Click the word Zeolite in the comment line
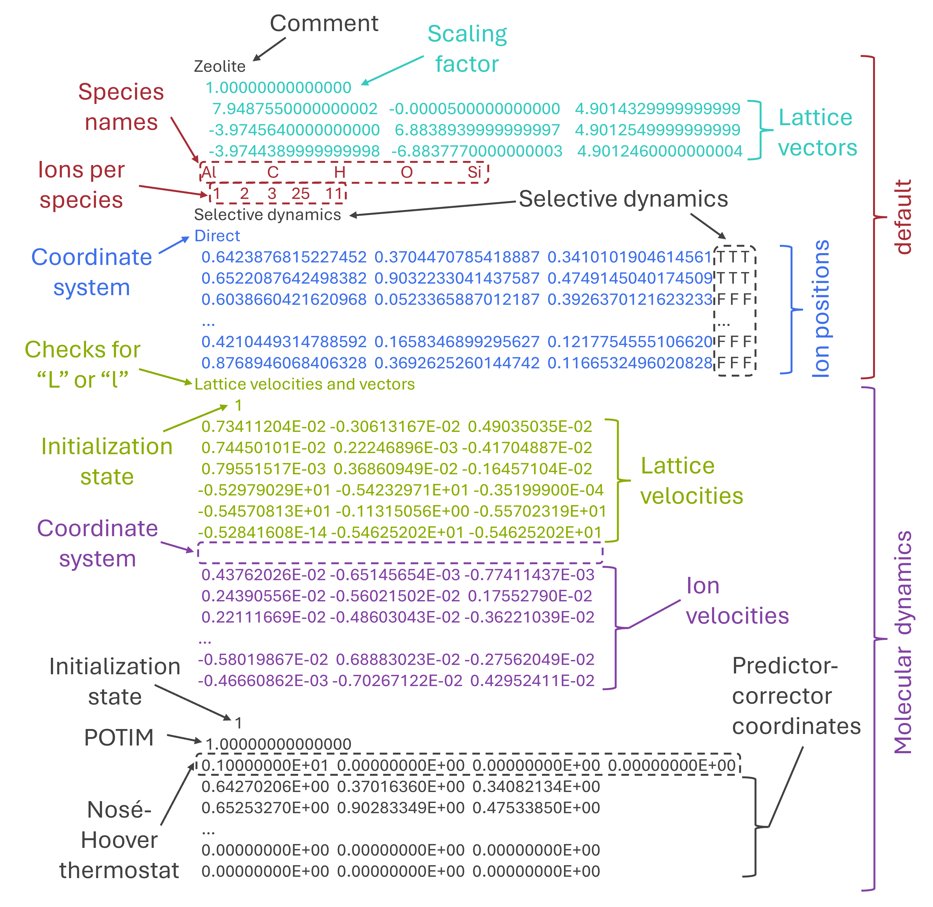[219, 66]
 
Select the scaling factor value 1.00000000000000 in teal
[278, 88]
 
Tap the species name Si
[474, 172]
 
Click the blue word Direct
[217, 236]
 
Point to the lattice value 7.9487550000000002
[295, 109]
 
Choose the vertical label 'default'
[902, 217]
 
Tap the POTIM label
[119, 738]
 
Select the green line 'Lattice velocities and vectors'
[304, 384]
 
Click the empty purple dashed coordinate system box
[400, 553]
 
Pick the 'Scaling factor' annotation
[467, 49]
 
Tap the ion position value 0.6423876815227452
[284, 257]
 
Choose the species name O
[406, 172]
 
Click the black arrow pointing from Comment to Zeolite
[269, 50]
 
